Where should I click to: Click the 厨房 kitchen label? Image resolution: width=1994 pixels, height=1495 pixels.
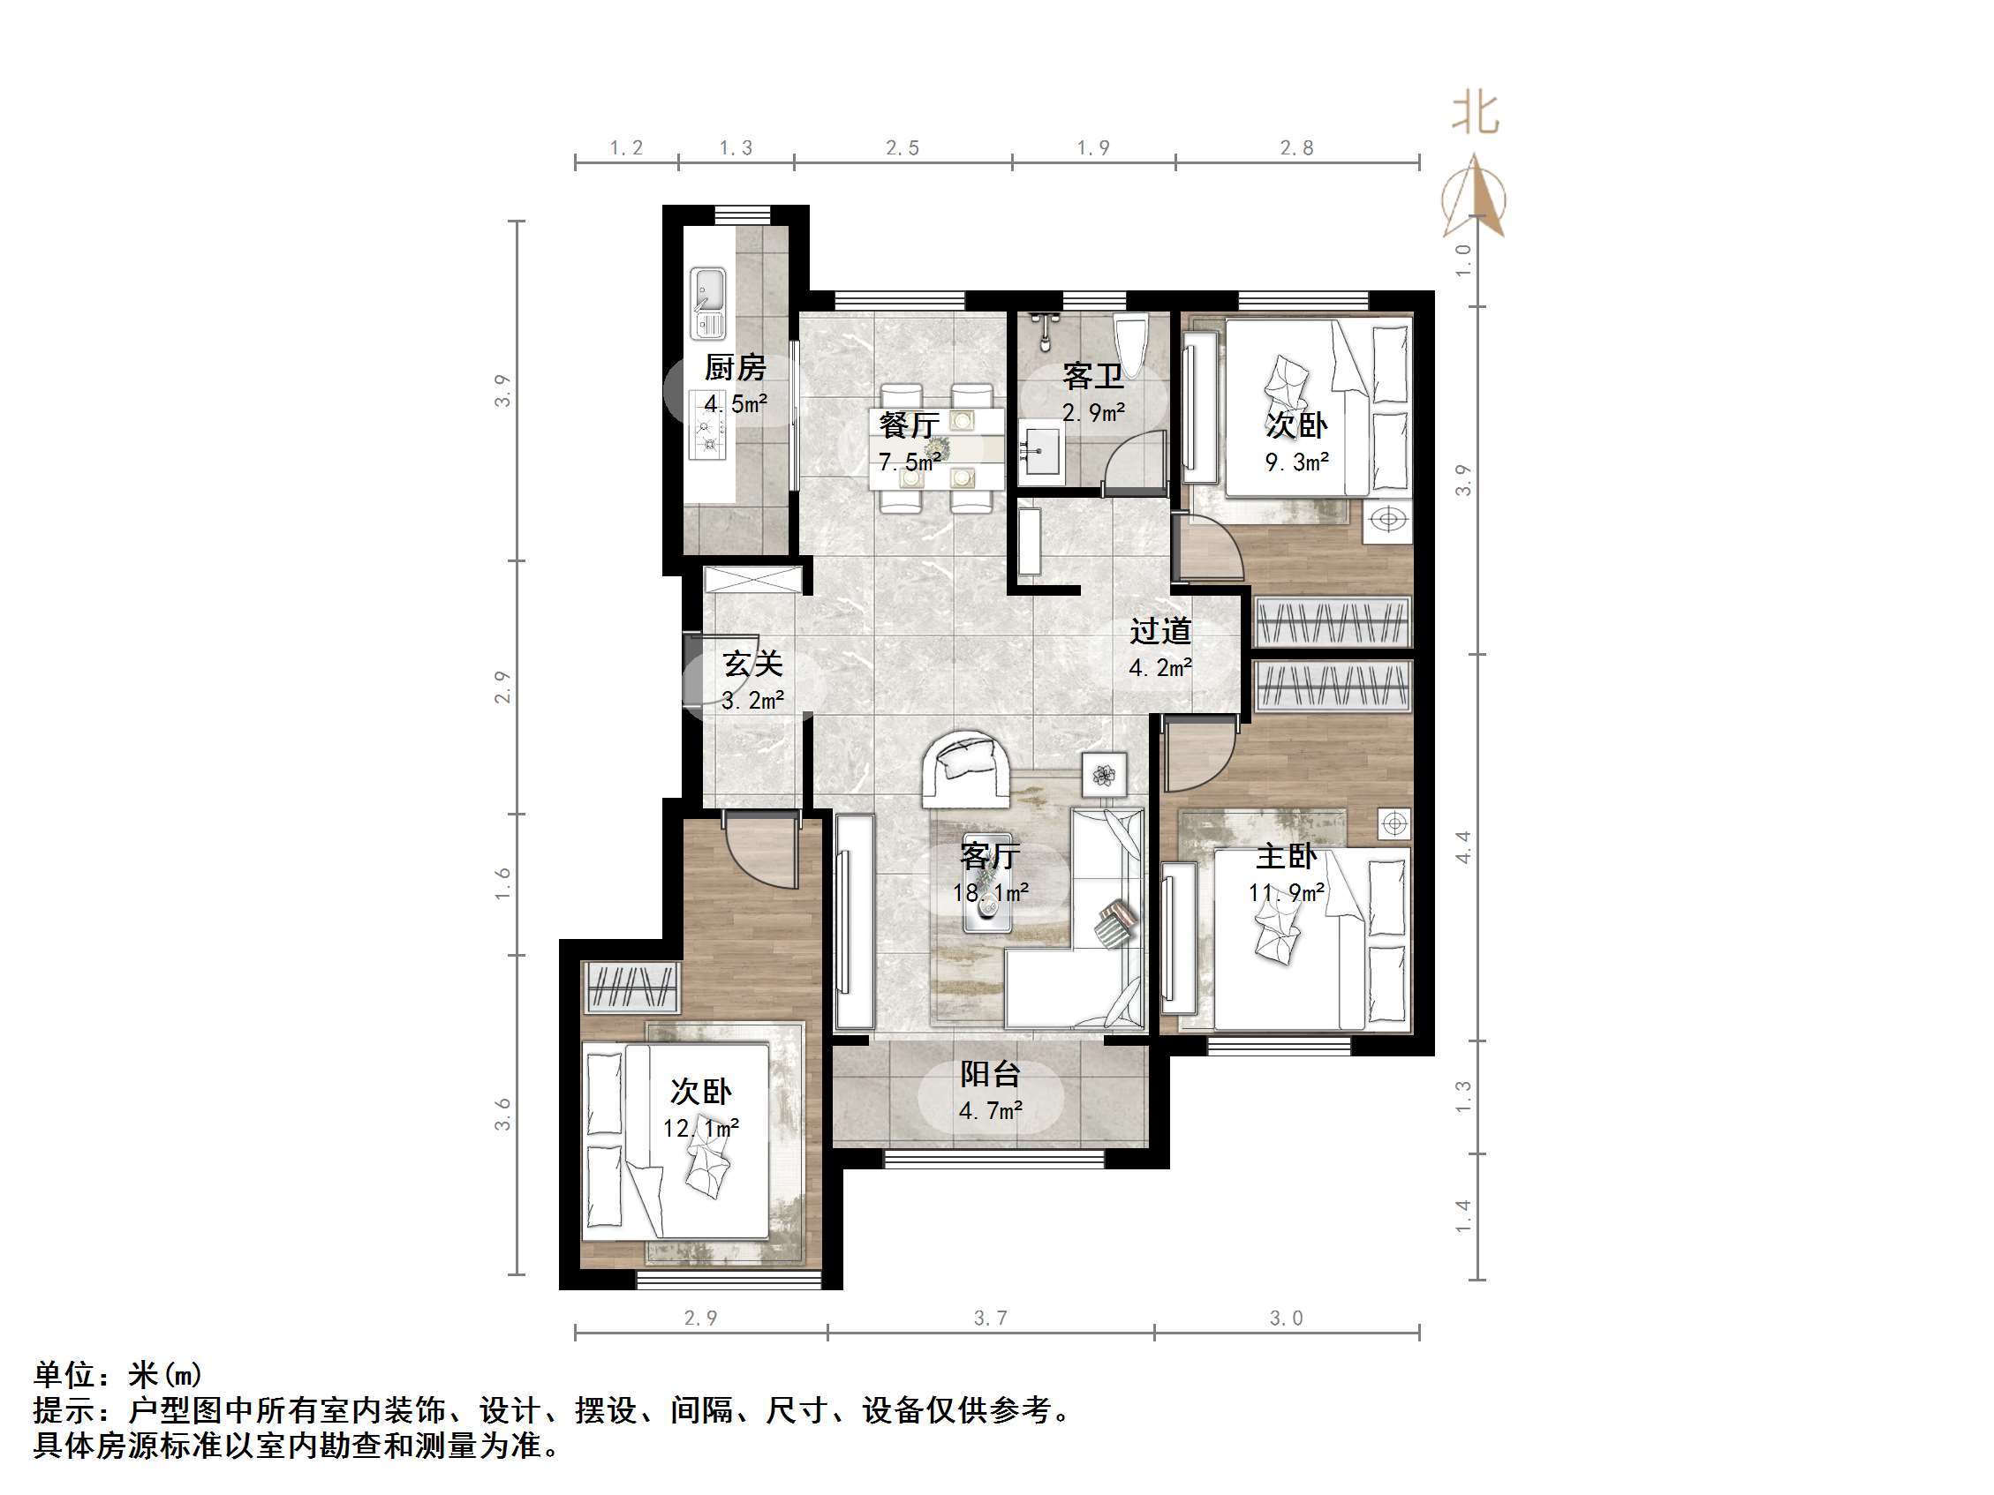click(x=735, y=368)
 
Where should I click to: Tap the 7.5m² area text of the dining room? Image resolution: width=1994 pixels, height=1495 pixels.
click(x=910, y=462)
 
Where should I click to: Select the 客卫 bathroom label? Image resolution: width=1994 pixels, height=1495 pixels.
click(x=1092, y=376)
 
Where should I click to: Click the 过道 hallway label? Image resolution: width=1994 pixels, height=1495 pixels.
click(x=1161, y=631)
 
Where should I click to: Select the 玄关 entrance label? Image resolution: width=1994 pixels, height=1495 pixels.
click(x=752, y=665)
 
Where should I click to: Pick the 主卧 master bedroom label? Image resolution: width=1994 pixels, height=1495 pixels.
click(x=1288, y=856)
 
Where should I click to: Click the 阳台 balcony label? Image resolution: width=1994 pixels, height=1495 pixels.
click(x=990, y=1073)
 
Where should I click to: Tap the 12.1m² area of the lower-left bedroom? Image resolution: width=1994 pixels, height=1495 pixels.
click(x=701, y=1128)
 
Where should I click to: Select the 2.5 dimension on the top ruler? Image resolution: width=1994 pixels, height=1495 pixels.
click(x=903, y=147)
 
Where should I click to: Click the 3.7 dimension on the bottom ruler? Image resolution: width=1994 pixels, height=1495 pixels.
click(x=990, y=1318)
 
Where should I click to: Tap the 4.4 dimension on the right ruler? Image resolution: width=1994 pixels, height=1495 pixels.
click(x=1462, y=848)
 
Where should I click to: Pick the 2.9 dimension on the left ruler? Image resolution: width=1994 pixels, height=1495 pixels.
click(x=502, y=687)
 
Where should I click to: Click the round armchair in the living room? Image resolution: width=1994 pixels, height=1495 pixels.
click(x=964, y=768)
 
